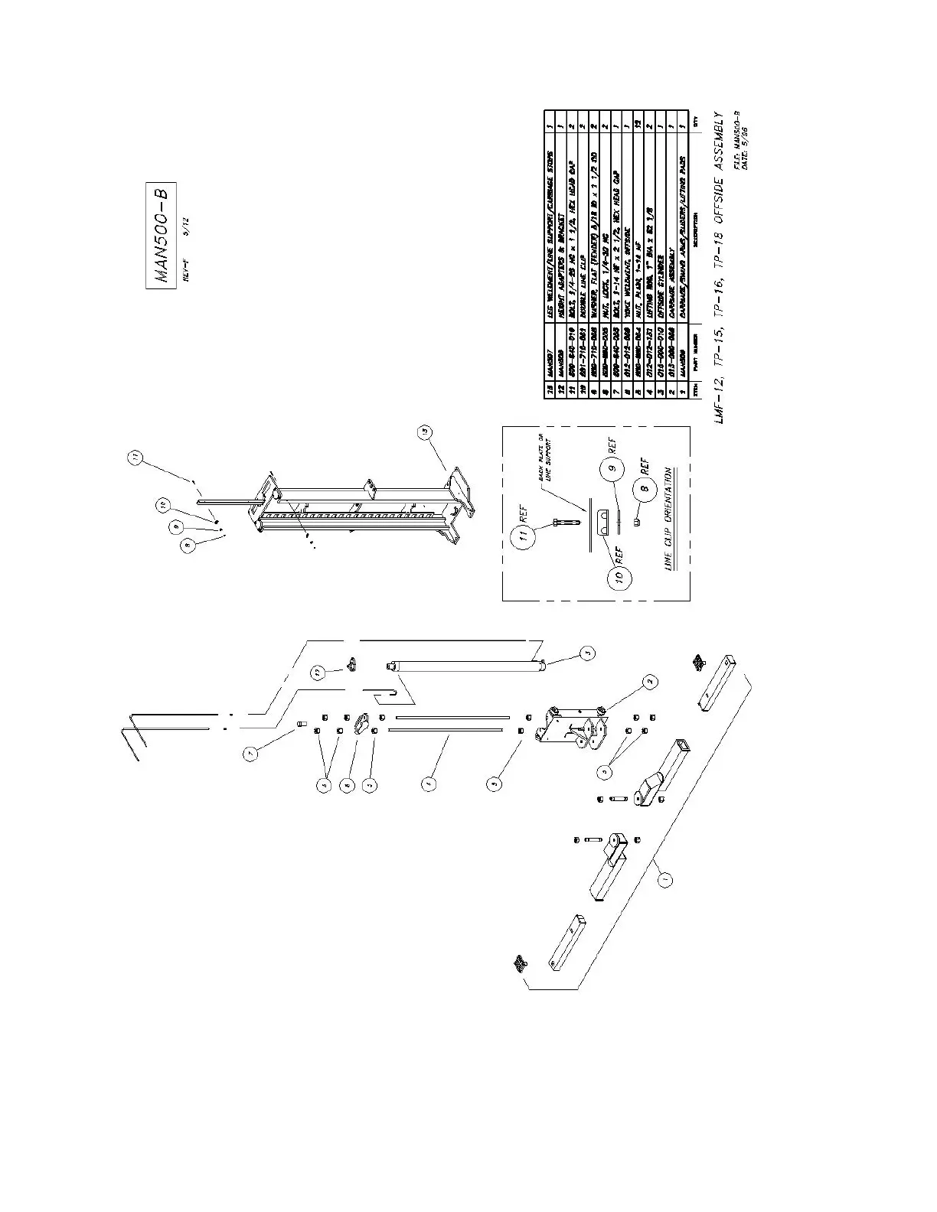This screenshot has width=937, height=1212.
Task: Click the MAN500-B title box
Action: click(x=161, y=233)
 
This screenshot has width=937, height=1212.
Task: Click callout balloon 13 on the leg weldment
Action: click(x=425, y=432)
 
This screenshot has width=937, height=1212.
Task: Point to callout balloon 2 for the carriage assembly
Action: click(x=649, y=681)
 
